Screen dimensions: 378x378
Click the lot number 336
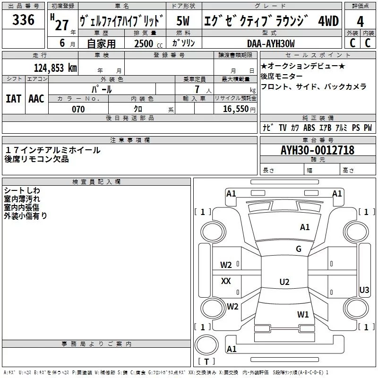coord(24,20)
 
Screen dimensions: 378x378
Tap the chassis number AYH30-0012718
coord(317,150)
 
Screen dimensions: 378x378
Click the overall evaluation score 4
coord(360,21)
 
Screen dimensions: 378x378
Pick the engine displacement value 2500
coord(143,43)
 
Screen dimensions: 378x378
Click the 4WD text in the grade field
coord(328,21)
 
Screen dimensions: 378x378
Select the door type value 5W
coord(183,21)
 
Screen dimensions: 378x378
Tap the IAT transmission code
coord(13,98)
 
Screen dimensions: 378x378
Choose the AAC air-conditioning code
coord(36,98)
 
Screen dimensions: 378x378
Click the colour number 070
coord(78,109)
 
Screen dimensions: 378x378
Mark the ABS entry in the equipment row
coord(309,128)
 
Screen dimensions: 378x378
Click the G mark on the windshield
coord(298,249)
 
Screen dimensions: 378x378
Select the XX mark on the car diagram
coord(226,281)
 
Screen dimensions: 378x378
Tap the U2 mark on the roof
coord(284,282)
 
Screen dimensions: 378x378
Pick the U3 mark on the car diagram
coord(364,290)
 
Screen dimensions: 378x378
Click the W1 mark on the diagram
coord(303,314)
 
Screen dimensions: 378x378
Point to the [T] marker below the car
coord(206,362)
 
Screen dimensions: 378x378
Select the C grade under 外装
coord(352,43)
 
